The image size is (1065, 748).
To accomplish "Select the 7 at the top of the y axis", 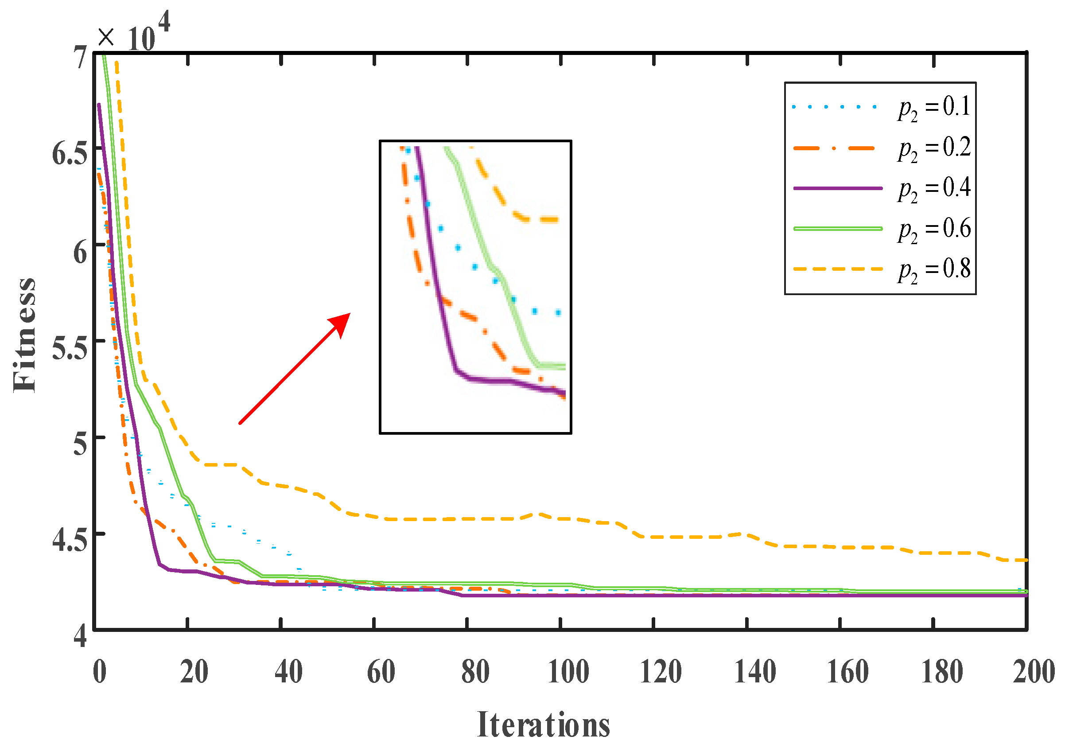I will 81,58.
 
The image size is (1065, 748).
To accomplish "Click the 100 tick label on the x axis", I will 569,671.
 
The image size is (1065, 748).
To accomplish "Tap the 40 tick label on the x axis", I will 288,671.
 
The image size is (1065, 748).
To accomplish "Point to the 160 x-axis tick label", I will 848,671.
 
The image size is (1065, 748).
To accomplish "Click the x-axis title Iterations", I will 544,725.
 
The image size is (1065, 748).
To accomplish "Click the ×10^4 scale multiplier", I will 134,33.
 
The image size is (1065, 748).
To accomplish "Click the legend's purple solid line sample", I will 838,188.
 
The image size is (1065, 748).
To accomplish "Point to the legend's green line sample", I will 838,229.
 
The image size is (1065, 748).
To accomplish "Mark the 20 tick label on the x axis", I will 194,671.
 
